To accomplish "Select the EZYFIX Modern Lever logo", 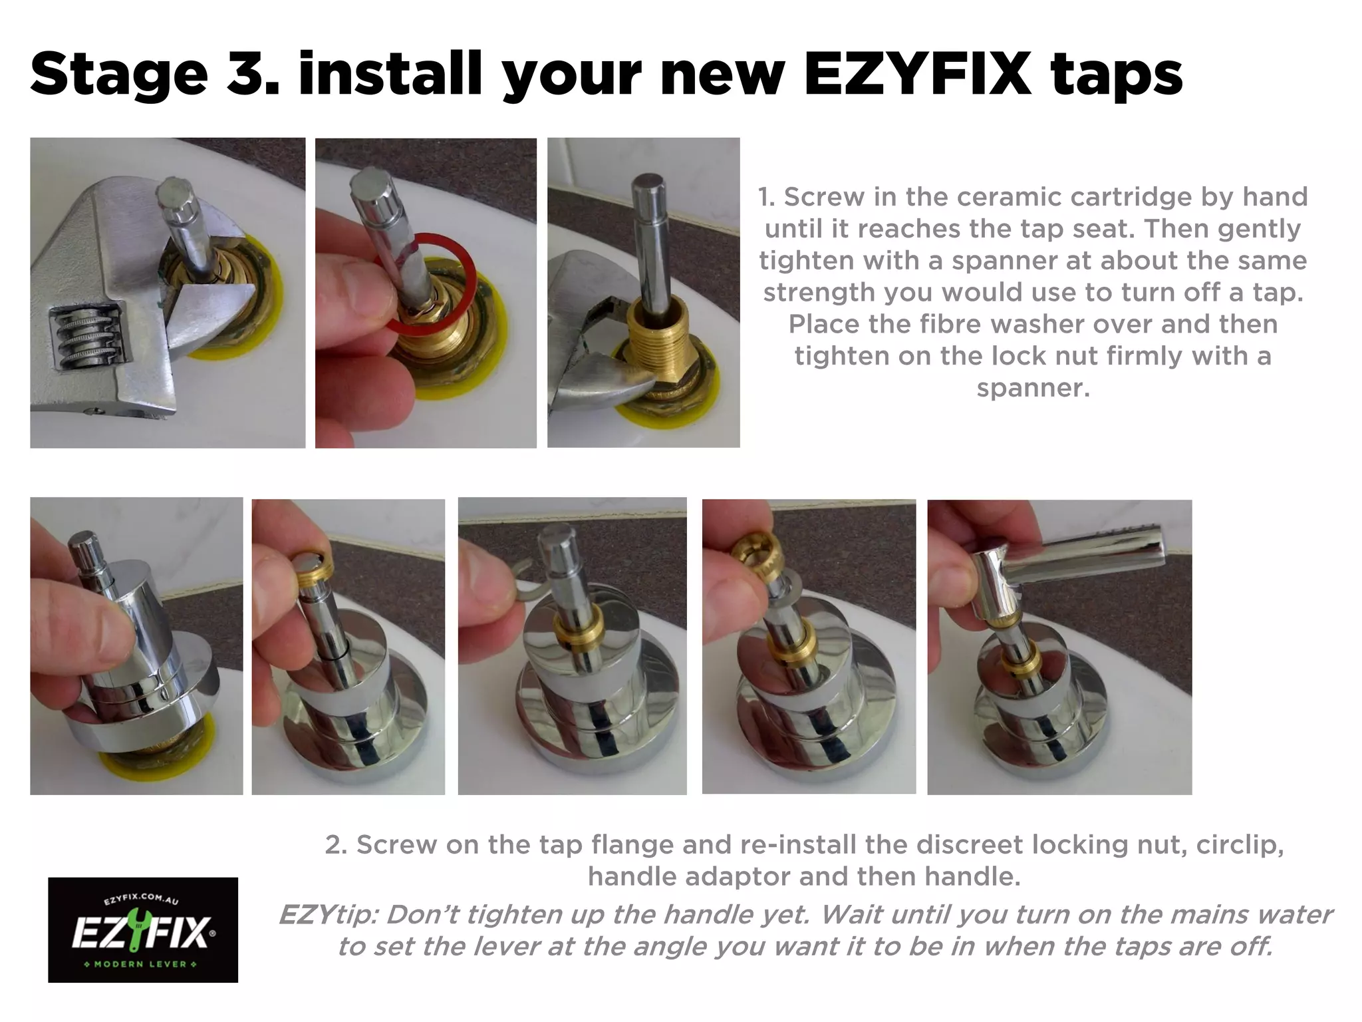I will [142, 930].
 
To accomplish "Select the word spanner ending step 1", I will [1032, 388].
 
